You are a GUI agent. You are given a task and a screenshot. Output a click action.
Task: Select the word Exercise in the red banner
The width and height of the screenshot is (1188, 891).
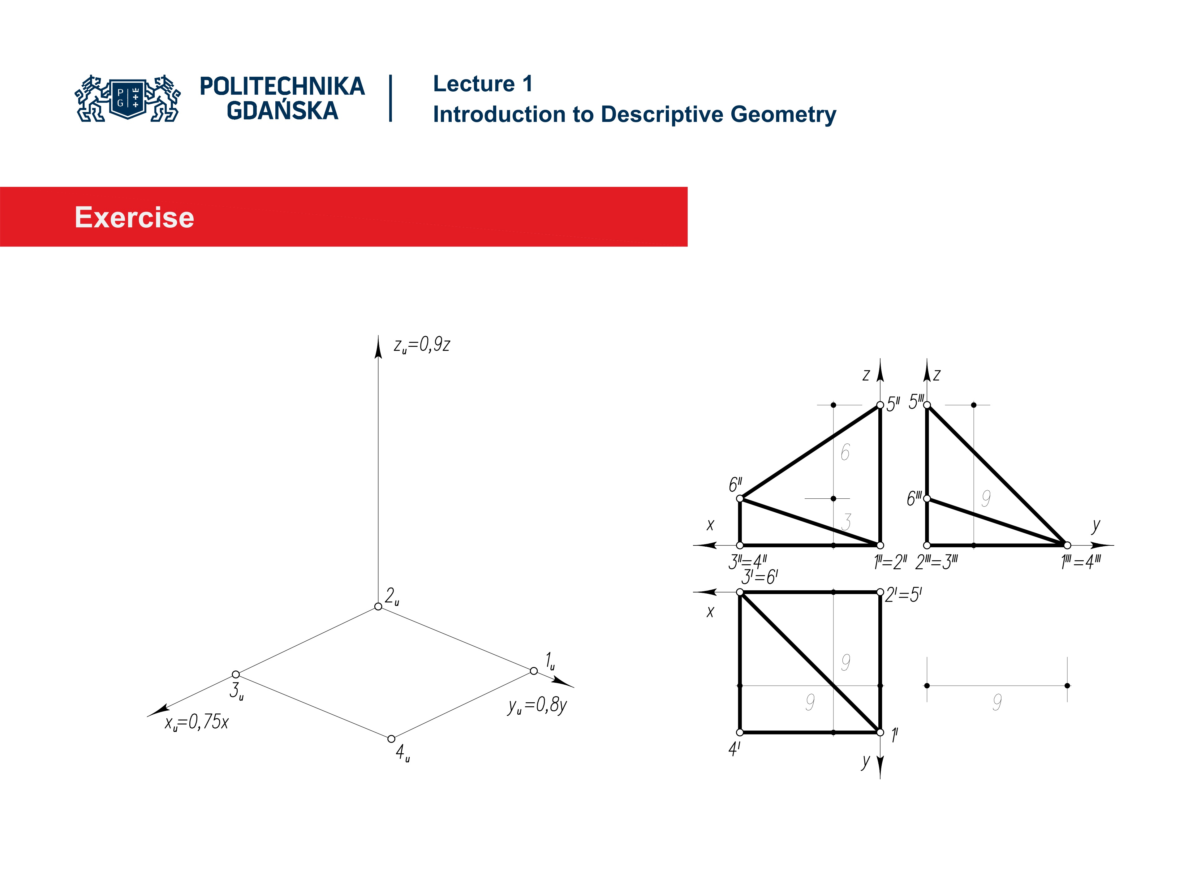click(134, 217)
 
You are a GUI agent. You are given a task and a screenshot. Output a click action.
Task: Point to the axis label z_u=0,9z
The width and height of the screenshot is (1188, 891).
click(422, 345)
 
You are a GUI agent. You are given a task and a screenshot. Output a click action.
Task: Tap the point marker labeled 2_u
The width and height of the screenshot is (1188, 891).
click(378, 606)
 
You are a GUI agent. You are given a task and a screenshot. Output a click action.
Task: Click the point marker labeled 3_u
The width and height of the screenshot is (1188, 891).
click(236, 674)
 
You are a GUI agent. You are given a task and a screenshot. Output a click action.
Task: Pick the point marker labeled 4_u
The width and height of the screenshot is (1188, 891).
click(392, 739)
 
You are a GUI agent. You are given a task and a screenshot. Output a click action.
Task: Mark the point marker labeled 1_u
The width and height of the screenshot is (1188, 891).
click(533, 671)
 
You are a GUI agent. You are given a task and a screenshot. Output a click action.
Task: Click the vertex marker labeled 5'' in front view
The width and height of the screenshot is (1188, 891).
click(880, 405)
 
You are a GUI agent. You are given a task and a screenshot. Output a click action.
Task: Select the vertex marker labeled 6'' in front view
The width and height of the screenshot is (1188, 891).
click(740, 498)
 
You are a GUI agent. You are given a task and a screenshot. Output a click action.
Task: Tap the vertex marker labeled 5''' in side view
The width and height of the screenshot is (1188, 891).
click(927, 405)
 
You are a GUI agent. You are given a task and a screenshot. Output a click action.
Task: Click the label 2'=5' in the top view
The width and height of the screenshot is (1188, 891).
click(903, 595)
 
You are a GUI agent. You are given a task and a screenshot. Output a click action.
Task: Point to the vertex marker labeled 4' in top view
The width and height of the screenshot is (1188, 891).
click(740, 732)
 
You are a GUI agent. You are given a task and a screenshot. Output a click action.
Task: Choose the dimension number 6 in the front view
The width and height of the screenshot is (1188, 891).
click(845, 452)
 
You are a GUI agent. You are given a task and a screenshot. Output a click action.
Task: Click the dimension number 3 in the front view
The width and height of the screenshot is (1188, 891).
click(846, 522)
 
